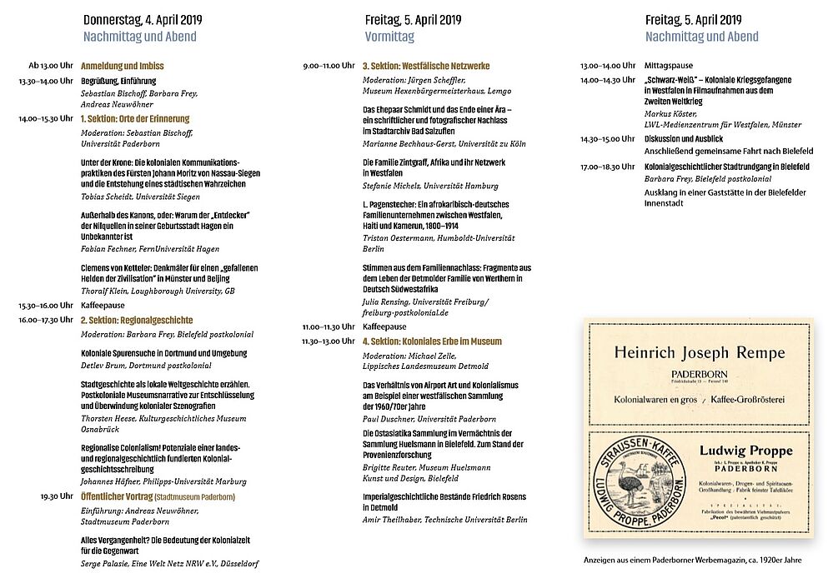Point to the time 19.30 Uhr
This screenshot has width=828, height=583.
coord(56,496)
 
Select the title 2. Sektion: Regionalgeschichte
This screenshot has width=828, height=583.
coord(137,320)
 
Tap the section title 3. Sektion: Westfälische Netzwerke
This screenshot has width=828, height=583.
coord(425,66)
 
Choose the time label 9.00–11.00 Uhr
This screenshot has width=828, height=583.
coord(329,66)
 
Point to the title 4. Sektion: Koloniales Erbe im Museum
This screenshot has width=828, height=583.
coord(432,341)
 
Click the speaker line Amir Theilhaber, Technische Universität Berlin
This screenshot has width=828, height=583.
coord(444,520)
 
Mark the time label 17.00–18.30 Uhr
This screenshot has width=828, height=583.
coord(607,167)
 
